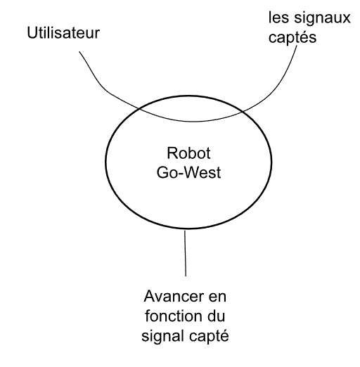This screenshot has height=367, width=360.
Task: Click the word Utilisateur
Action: (63, 32)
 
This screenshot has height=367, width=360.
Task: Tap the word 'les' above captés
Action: (278, 18)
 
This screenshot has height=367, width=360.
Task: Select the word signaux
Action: (322, 19)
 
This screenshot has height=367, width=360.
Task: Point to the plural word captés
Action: (292, 37)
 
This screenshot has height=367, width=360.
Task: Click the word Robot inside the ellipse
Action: (188, 153)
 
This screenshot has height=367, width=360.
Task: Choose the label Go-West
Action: (188, 172)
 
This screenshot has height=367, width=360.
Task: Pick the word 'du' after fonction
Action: (216, 316)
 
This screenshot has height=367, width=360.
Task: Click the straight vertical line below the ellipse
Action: (185, 253)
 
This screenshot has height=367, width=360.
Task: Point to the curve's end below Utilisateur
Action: (79, 51)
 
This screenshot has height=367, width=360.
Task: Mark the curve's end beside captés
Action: (297, 46)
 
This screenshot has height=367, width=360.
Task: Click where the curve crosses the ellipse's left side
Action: (139, 109)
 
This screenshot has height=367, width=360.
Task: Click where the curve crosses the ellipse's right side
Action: (242, 112)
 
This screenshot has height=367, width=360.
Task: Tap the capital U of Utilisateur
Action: (32, 32)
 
